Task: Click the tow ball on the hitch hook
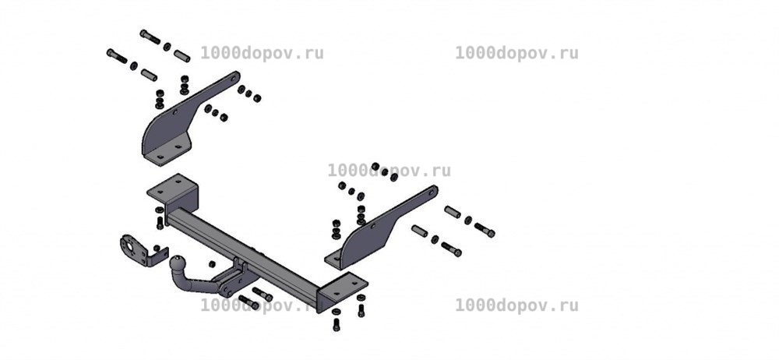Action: pyautogui.click(x=178, y=263)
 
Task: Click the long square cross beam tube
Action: pyautogui.click(x=243, y=253)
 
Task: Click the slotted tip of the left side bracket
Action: pyautogui.click(x=234, y=78)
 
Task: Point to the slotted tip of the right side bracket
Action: pyautogui.click(x=432, y=192)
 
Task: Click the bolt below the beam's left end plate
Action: pyautogui.click(x=160, y=223)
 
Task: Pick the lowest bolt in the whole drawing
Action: pyautogui.click(x=337, y=325)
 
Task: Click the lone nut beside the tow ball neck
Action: pyautogui.click(x=212, y=263)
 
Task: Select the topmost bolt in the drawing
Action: pyautogui.click(x=150, y=37)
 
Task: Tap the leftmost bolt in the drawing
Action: pyautogui.click(x=118, y=56)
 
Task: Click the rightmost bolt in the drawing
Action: pyautogui.click(x=485, y=230)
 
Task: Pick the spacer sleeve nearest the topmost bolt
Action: pyautogui.click(x=182, y=55)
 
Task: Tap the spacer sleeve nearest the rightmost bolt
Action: pyautogui.click(x=453, y=212)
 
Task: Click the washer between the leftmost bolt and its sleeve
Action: pyautogui.click(x=134, y=65)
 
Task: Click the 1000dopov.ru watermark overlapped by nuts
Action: pyautogui.click(x=389, y=171)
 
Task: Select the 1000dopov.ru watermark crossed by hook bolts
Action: pyautogui.click(x=262, y=305)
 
